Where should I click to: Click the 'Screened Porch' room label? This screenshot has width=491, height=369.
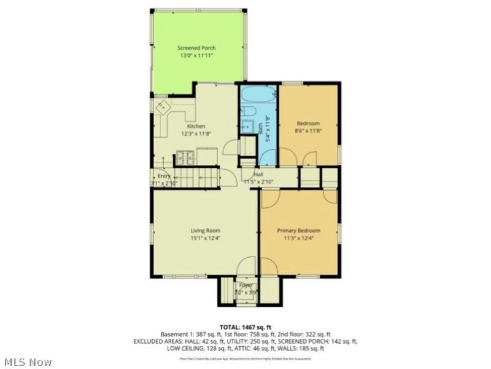[196, 48]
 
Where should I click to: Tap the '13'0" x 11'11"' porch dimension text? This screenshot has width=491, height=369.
[196, 55]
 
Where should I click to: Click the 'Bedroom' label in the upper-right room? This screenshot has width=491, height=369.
[308, 123]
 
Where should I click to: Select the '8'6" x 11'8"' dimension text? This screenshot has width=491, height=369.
[308, 130]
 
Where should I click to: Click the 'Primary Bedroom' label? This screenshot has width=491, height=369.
[298, 231]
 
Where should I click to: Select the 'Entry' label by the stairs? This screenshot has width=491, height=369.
[164, 176]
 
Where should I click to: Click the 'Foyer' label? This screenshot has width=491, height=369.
[246, 286]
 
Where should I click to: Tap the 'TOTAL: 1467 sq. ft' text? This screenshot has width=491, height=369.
[245, 326]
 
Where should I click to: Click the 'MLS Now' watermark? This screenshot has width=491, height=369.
[27, 362]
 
